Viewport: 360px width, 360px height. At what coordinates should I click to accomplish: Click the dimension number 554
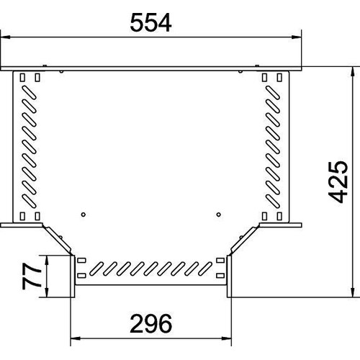click(150, 23)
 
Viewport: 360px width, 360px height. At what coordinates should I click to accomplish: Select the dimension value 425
click(338, 182)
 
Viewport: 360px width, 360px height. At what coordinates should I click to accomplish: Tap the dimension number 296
click(151, 323)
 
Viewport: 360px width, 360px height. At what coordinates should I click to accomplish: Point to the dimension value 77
click(31, 276)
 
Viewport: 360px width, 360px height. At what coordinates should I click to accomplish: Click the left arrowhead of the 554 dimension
click(6, 37)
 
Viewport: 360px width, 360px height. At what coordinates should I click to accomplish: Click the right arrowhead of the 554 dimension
click(296, 37)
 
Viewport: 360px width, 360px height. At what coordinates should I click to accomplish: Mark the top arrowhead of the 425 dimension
click(353, 71)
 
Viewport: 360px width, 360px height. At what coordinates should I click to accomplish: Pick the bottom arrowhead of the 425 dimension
click(353, 292)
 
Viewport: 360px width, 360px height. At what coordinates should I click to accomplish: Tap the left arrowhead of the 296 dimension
click(76, 338)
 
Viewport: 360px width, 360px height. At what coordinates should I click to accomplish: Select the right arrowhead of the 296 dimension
click(226, 338)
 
